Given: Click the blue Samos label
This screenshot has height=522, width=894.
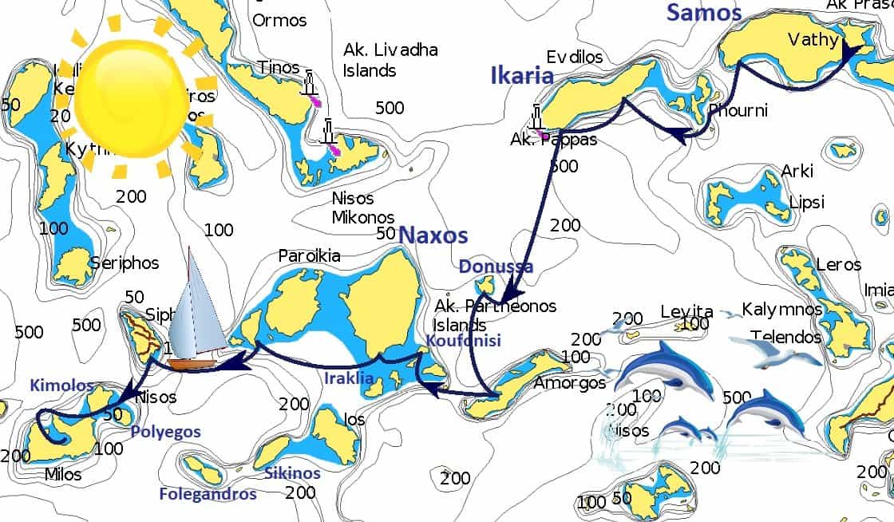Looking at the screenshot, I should [704, 12].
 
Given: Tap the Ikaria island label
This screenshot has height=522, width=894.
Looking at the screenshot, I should [522, 76].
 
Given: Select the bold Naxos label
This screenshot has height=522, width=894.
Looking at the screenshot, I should [433, 235].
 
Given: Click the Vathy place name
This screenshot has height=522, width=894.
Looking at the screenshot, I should [812, 40].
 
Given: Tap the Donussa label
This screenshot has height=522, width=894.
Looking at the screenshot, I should [496, 267].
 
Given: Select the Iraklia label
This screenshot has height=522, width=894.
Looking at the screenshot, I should [349, 378].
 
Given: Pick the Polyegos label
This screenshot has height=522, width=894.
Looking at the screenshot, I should [164, 432].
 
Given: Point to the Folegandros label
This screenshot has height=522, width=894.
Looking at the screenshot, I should [208, 494].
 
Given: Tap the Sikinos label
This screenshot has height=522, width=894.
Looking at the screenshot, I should [292, 473].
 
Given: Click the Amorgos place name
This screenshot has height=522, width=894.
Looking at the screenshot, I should [570, 383].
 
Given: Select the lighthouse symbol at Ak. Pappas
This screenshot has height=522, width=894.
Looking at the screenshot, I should [538, 118].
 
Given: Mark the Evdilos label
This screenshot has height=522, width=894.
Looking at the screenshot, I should [574, 57].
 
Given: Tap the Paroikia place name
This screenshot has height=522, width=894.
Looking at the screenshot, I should [309, 256].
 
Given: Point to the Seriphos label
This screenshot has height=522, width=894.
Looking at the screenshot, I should [124, 263].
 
